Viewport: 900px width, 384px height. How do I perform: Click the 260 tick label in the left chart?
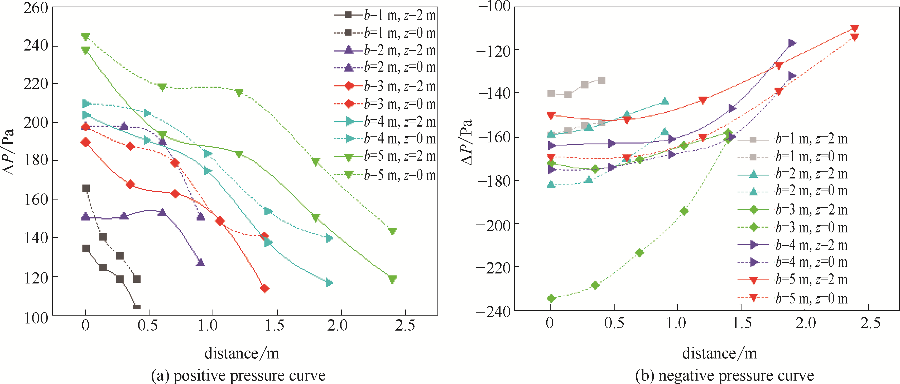coord(35,8)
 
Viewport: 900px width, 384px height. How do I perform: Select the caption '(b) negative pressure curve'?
coord(724,376)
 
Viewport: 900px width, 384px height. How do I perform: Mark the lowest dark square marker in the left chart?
coord(137,307)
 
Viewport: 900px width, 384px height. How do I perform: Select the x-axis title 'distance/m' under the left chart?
coord(242,353)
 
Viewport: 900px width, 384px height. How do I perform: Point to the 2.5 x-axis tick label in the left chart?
coord(405,325)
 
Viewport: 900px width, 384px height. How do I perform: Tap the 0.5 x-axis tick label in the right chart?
coord(614,323)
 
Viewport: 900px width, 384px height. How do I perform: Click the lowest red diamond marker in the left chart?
coord(264,288)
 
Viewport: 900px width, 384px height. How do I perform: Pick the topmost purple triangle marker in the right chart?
coord(792,43)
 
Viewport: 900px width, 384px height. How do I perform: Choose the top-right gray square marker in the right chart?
coord(601,81)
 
